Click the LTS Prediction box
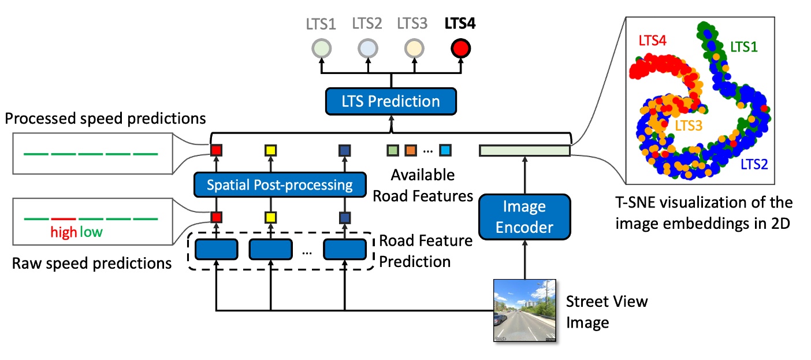click(390, 102)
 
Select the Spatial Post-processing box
click(280, 185)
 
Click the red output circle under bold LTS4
click(461, 48)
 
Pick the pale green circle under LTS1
click(321, 48)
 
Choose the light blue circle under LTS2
click(367, 48)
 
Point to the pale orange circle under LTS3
click(414, 48)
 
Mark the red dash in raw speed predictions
click(64, 219)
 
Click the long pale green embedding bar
click(524, 151)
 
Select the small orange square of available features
click(411, 151)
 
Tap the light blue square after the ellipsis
click(445, 151)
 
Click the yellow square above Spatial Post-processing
click(270, 151)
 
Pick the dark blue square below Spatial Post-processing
click(344, 218)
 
